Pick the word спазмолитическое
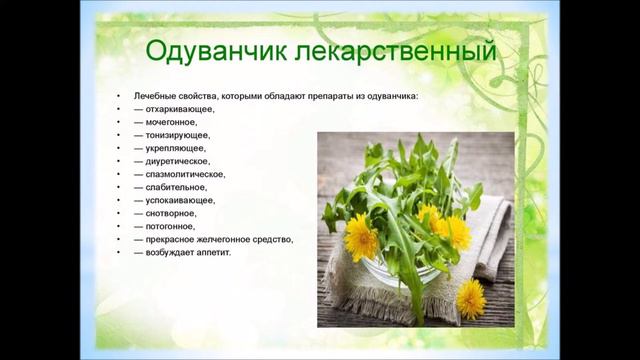[x=191, y=173]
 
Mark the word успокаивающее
[x=185, y=199]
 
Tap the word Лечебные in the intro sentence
[x=150, y=95]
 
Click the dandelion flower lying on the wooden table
[x=470, y=297]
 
